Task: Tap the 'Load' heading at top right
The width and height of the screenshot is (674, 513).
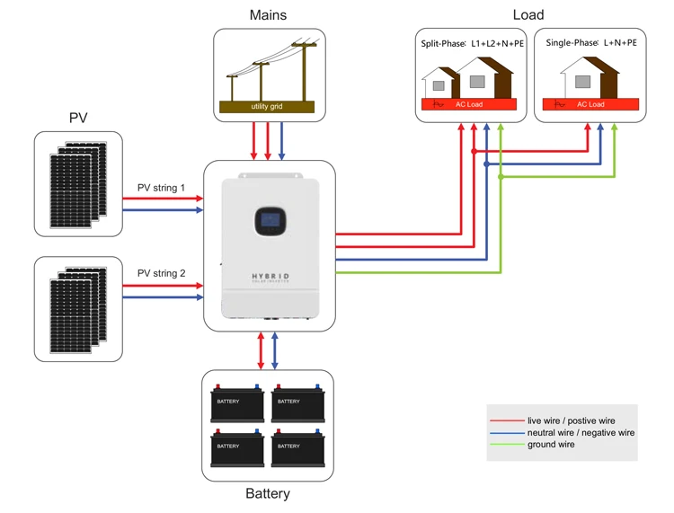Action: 528,15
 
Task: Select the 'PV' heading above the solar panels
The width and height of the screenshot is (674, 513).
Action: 78,118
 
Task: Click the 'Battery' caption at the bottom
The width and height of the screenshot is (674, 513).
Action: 268,493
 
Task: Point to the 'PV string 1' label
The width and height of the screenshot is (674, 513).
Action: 161,188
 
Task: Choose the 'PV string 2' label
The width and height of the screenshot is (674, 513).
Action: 161,273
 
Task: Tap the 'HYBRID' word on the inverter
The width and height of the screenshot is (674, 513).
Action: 269,279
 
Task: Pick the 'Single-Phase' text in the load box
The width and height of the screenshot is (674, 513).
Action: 572,43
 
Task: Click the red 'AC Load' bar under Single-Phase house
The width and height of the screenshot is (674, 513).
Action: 590,104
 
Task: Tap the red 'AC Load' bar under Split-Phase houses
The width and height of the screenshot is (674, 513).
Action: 467,104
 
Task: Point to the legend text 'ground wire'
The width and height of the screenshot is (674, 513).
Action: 551,445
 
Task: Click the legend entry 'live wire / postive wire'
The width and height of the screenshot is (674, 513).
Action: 571,420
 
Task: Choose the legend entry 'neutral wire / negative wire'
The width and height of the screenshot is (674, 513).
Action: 581,432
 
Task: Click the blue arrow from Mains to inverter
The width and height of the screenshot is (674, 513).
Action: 283,139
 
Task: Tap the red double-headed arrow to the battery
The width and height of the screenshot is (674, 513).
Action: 261,349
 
